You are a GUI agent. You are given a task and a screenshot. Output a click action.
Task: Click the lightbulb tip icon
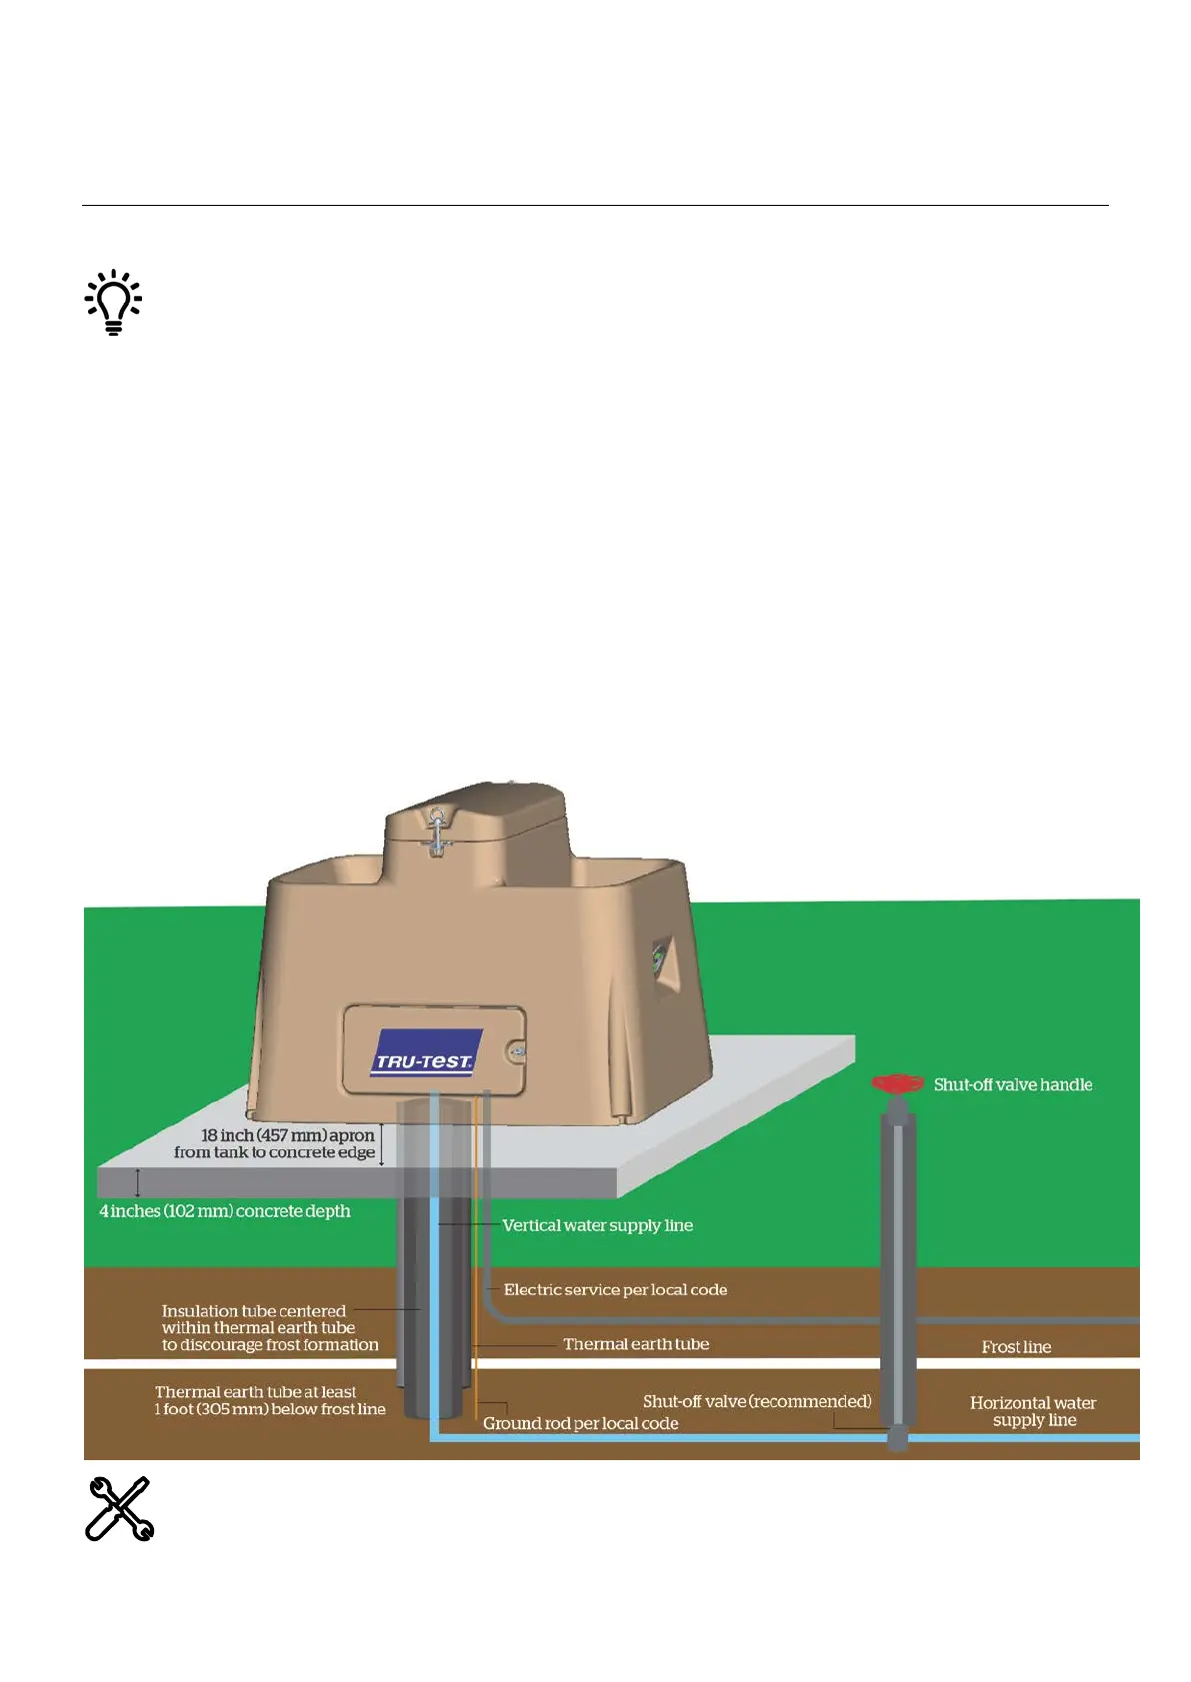click(113, 302)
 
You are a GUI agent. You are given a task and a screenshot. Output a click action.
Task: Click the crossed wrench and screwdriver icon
click(119, 1508)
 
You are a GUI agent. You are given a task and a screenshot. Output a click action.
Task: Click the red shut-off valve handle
click(897, 1083)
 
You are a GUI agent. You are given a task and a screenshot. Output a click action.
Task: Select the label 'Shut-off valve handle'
click(1012, 1084)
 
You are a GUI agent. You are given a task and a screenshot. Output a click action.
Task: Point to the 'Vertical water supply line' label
click(597, 1225)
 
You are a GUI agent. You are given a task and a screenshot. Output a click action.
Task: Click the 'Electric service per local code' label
click(615, 1290)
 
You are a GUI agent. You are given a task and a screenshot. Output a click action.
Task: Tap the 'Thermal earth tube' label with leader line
click(636, 1344)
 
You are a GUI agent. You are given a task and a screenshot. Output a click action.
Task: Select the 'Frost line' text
click(1016, 1347)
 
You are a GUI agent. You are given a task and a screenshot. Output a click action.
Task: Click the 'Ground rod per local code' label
click(580, 1423)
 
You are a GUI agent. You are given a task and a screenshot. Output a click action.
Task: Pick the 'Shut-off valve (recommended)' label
click(757, 1401)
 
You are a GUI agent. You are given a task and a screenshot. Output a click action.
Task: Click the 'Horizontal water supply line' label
click(1033, 1411)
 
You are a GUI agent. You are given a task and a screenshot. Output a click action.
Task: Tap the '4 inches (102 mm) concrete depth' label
click(225, 1211)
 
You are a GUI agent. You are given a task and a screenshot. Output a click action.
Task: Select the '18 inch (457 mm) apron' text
click(287, 1135)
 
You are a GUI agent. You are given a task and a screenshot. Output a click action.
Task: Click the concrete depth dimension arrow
click(138, 1183)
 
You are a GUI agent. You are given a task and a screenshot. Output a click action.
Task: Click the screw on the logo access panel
click(516, 1051)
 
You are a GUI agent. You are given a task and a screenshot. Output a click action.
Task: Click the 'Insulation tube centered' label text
click(254, 1311)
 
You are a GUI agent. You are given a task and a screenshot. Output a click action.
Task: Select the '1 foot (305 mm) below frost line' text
click(270, 1409)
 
